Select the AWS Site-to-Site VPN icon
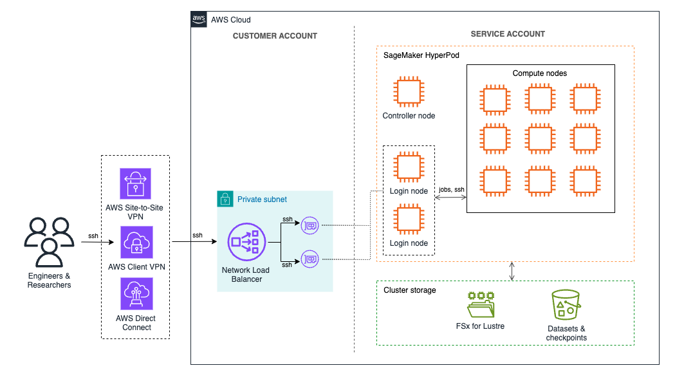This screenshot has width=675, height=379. [x=135, y=184]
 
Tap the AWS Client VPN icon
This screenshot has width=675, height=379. [x=135, y=242]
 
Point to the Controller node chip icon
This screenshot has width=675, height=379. [x=408, y=91]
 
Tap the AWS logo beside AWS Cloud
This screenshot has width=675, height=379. [x=199, y=19]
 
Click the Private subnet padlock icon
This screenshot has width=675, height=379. [x=225, y=199]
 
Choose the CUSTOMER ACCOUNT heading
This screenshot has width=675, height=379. [x=275, y=36]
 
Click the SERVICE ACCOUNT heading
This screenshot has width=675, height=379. [x=508, y=34]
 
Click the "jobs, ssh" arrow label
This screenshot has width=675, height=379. [x=451, y=190]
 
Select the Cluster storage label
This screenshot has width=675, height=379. [x=410, y=290]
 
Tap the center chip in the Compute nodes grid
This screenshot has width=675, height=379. [x=539, y=137]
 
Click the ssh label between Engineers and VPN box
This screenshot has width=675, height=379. [x=93, y=236]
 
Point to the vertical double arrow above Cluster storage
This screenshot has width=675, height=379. [x=512, y=271]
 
